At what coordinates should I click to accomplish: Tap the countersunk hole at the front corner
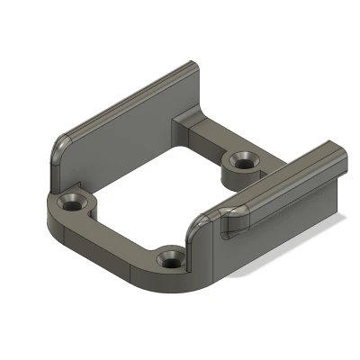170,260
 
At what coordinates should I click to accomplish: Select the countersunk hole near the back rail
242,162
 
